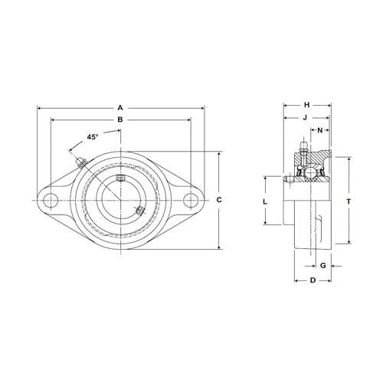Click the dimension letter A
point(120,108)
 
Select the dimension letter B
point(120,119)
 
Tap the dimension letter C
point(219,200)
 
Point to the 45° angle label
point(93,137)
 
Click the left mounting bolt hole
point(51,201)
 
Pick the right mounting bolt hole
point(191,201)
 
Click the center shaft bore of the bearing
point(120,201)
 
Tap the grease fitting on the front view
point(81,162)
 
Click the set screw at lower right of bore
point(140,211)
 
